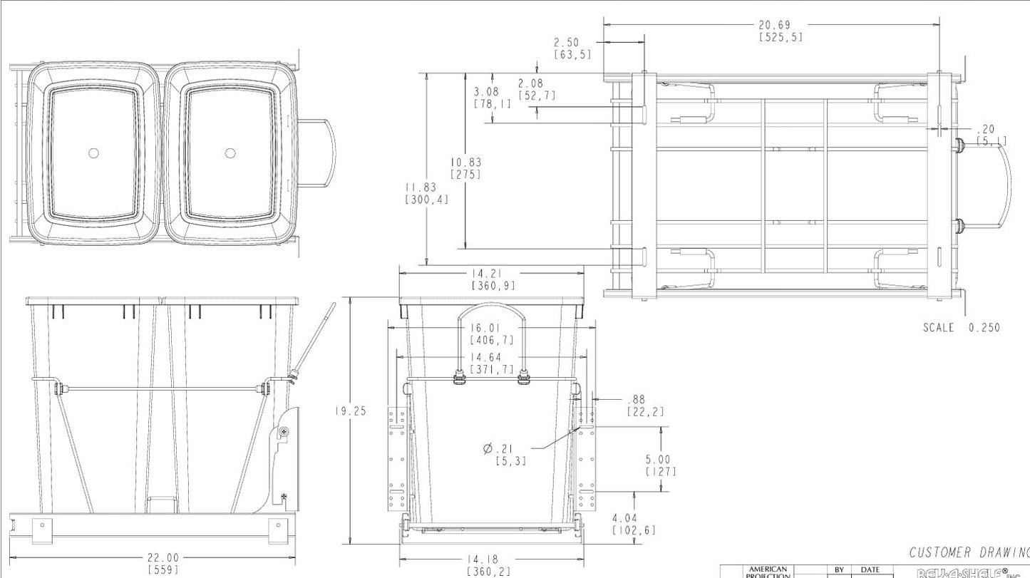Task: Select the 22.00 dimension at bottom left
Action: [x=163, y=558]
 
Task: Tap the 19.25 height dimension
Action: [x=351, y=411]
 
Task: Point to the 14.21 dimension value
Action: [x=493, y=274]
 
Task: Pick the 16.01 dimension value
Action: [x=491, y=328]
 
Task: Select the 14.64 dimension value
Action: [x=491, y=358]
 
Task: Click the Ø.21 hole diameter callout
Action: [x=498, y=448]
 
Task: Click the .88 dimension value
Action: [x=637, y=401]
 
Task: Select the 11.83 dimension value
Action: [x=426, y=187]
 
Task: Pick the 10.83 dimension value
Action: [x=465, y=162]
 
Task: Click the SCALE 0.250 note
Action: [x=961, y=328]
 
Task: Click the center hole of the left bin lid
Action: [x=93, y=153]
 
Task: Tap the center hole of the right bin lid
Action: [x=230, y=153]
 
